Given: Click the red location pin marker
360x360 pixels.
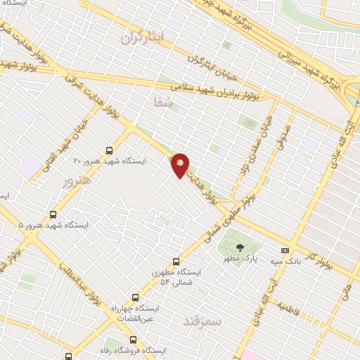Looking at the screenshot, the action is click(x=181, y=165).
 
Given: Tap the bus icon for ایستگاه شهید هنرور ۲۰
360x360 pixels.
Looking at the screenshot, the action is click(x=109, y=150).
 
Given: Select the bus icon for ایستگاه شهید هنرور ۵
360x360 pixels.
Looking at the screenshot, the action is click(x=53, y=214).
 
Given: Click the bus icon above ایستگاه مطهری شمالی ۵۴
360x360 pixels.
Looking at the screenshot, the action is click(x=176, y=260).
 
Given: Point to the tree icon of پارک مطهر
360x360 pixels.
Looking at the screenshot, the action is click(x=240, y=247).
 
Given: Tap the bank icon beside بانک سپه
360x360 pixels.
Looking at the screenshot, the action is click(x=285, y=250).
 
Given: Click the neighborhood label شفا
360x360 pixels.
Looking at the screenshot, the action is click(x=162, y=103).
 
